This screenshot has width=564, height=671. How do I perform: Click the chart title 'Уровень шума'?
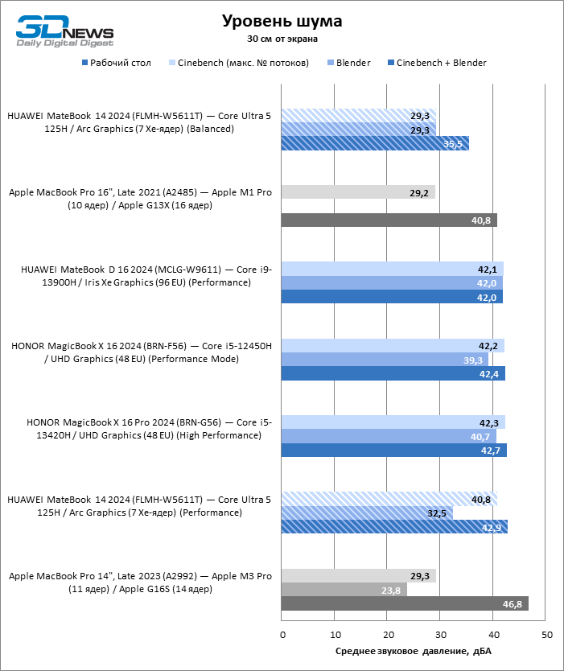point(282,21)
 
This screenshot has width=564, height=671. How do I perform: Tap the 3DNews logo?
point(64,31)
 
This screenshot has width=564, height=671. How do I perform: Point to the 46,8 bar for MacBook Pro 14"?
point(405,604)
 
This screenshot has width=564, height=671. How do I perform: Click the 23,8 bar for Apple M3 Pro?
point(344,590)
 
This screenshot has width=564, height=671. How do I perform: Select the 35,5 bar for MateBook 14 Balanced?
point(375,144)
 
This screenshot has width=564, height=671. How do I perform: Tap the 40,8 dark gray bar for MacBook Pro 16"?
point(389,220)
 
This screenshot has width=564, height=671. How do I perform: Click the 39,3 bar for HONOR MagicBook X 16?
point(385,360)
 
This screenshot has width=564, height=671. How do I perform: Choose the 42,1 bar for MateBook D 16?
point(393,269)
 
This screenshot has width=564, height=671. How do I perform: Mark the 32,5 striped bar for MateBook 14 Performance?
point(367,513)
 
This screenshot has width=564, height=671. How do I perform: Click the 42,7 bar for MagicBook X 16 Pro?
point(394,451)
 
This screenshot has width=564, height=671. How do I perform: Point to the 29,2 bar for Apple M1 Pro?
point(358,192)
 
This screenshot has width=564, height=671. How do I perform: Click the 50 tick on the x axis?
point(546,636)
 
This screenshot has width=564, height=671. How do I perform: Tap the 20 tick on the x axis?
point(387,636)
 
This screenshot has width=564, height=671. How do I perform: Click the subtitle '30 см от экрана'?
point(282,38)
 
